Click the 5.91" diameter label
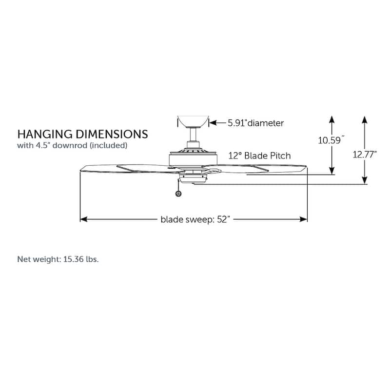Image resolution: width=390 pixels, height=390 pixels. coord(255,123)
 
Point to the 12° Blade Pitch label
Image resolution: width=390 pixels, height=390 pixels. coord(259,156)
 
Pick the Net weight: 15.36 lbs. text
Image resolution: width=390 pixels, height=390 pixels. coord(58,259)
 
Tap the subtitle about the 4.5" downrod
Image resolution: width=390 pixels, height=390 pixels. coord(73,145)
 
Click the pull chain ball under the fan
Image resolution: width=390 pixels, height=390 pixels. coord(178,194)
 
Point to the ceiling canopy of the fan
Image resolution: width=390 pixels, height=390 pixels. coord(193,121)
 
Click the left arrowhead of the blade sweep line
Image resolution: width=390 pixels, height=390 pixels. coord(83,219)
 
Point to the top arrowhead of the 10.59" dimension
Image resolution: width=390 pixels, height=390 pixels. coord(332,119)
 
